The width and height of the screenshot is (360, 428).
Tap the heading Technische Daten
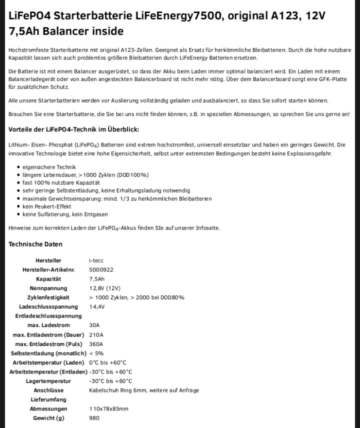(x=35, y=244)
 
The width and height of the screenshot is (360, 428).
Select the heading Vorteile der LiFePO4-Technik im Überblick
(x=73, y=129)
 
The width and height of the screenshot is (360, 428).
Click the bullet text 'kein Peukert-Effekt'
(x=47, y=206)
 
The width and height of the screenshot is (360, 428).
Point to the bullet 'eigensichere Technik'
(x=49, y=167)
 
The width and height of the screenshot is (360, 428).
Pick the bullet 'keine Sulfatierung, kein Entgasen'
(x=65, y=214)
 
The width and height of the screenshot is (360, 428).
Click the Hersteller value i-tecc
(x=96, y=260)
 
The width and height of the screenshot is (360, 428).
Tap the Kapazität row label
(x=48, y=279)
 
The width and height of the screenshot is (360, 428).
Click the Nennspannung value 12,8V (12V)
(x=104, y=288)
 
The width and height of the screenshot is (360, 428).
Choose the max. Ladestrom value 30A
(x=94, y=325)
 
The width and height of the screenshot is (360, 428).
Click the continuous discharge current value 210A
(x=95, y=334)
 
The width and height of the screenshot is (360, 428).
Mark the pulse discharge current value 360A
(x=95, y=344)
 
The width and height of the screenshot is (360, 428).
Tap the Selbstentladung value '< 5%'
(x=96, y=353)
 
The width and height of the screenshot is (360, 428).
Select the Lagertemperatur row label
(x=48, y=381)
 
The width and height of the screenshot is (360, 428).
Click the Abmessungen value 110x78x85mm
(x=108, y=408)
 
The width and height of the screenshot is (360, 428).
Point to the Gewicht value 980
(x=94, y=418)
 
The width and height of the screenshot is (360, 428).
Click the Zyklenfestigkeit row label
(x=48, y=297)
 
